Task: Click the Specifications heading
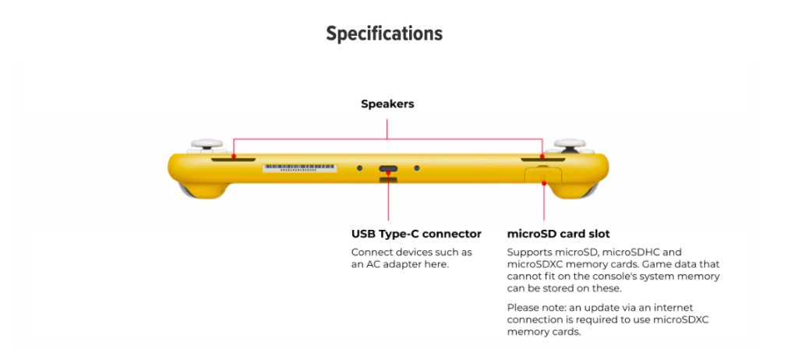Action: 384,34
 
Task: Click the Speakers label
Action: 387,104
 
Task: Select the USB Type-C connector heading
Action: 416,234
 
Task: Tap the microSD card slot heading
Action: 558,234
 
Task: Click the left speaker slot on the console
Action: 233,161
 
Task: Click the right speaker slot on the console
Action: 543,161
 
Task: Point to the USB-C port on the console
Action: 388,168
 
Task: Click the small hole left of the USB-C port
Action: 359,168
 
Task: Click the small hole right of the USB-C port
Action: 417,168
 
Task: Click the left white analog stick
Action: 207,145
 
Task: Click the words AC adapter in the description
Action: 403,265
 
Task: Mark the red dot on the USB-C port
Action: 387,169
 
